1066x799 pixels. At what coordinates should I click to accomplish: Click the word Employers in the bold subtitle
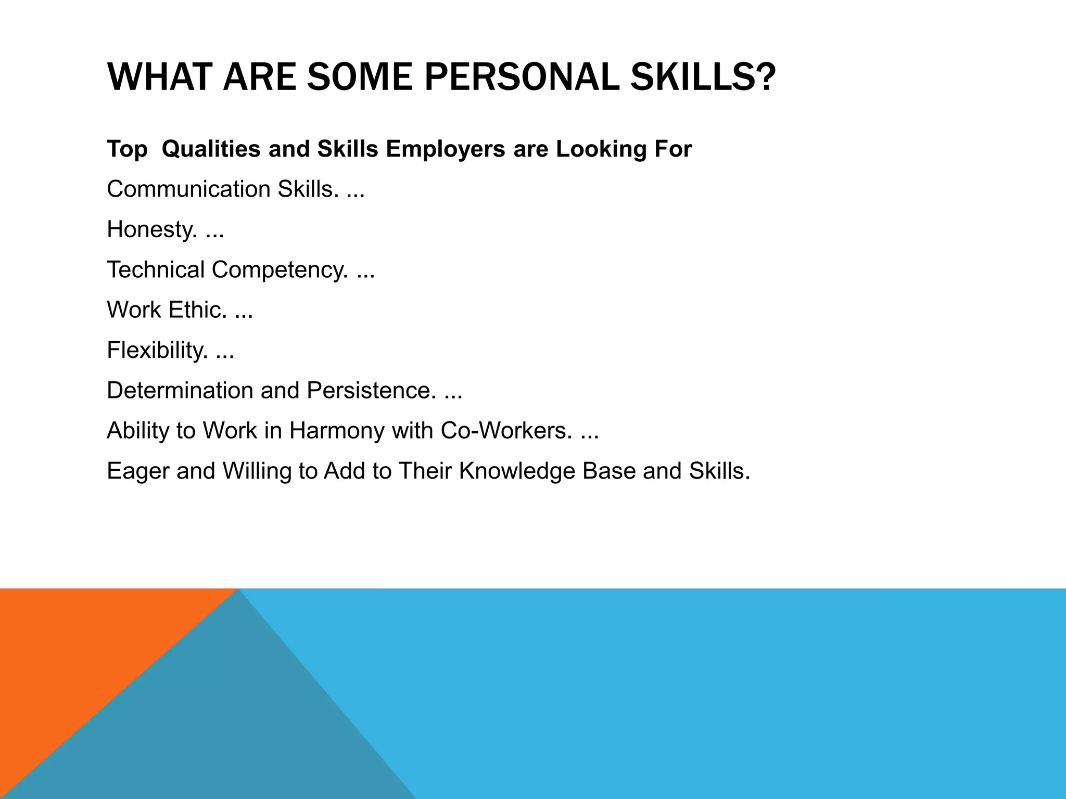tap(446, 149)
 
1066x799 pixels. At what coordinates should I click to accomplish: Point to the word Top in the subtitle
tap(127, 149)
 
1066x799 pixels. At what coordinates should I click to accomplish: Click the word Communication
tap(188, 189)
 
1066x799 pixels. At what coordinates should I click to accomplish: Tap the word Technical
tap(156, 270)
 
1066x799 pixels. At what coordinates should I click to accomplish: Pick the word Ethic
tap(198, 310)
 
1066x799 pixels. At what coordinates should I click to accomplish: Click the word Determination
tap(180, 391)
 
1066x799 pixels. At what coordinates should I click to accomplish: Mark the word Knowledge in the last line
tap(517, 471)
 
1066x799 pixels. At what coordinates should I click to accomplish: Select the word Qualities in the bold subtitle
tap(211, 149)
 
